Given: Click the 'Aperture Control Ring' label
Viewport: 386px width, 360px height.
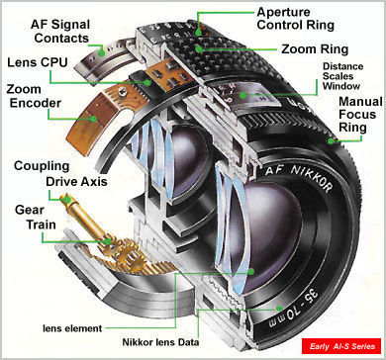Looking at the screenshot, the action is click(x=295, y=19).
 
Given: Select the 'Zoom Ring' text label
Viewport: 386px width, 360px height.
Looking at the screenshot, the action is click(x=315, y=49).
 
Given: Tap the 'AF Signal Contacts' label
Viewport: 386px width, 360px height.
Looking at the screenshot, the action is click(x=61, y=31).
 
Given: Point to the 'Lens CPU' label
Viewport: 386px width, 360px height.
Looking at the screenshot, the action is click(x=37, y=62).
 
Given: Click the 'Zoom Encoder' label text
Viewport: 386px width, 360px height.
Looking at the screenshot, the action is click(x=34, y=96).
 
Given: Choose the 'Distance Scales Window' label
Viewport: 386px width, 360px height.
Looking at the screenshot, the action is click(x=342, y=76).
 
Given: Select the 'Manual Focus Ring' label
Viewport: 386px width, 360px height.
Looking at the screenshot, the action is click(x=360, y=115).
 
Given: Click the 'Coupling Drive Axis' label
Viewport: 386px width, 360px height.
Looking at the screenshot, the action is click(x=60, y=174).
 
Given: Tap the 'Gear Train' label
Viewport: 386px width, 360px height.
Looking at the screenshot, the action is click(x=36, y=218).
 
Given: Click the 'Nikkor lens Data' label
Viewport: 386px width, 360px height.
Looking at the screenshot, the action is click(x=160, y=342).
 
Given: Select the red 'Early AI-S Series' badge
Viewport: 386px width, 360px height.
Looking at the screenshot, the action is click(x=341, y=346).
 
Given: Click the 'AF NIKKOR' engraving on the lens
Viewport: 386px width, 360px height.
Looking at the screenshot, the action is click(x=299, y=177).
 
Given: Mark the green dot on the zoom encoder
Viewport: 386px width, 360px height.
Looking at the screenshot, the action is click(x=94, y=119).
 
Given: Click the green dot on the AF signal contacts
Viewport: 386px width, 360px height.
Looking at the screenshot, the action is click(x=102, y=52).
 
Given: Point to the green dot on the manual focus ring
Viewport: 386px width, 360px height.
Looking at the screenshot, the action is click(x=331, y=140).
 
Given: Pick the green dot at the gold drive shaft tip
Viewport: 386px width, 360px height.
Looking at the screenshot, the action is click(x=67, y=199).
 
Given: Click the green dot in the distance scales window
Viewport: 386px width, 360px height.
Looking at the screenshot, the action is click(x=243, y=96).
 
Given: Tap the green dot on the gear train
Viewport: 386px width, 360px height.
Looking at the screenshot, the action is click(x=108, y=241).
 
